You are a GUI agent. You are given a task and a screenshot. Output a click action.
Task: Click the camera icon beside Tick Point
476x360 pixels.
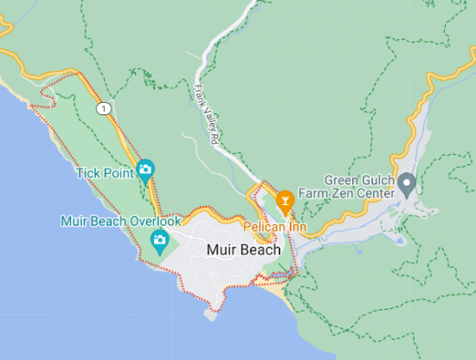click(145, 169)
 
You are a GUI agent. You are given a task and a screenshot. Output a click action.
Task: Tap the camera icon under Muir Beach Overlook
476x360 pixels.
click(159, 240)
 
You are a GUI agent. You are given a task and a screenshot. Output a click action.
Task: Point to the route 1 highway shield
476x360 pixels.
click(104, 108)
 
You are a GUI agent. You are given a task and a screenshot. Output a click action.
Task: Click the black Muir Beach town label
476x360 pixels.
click(244, 250)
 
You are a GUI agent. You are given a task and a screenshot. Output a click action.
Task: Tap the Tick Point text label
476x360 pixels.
click(105, 173)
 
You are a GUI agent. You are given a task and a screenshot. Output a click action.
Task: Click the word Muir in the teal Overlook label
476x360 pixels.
click(74, 221)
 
